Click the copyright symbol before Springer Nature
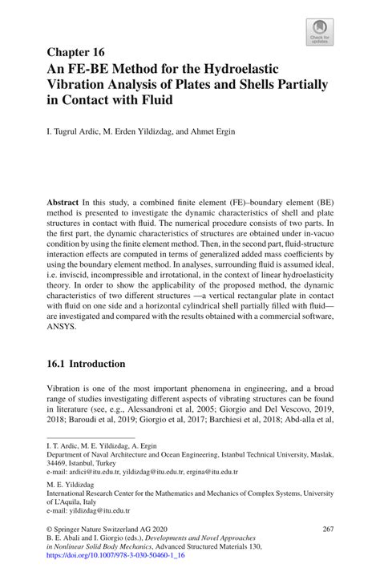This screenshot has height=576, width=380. [51, 530]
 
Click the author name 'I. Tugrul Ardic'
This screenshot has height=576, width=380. [75, 131]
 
